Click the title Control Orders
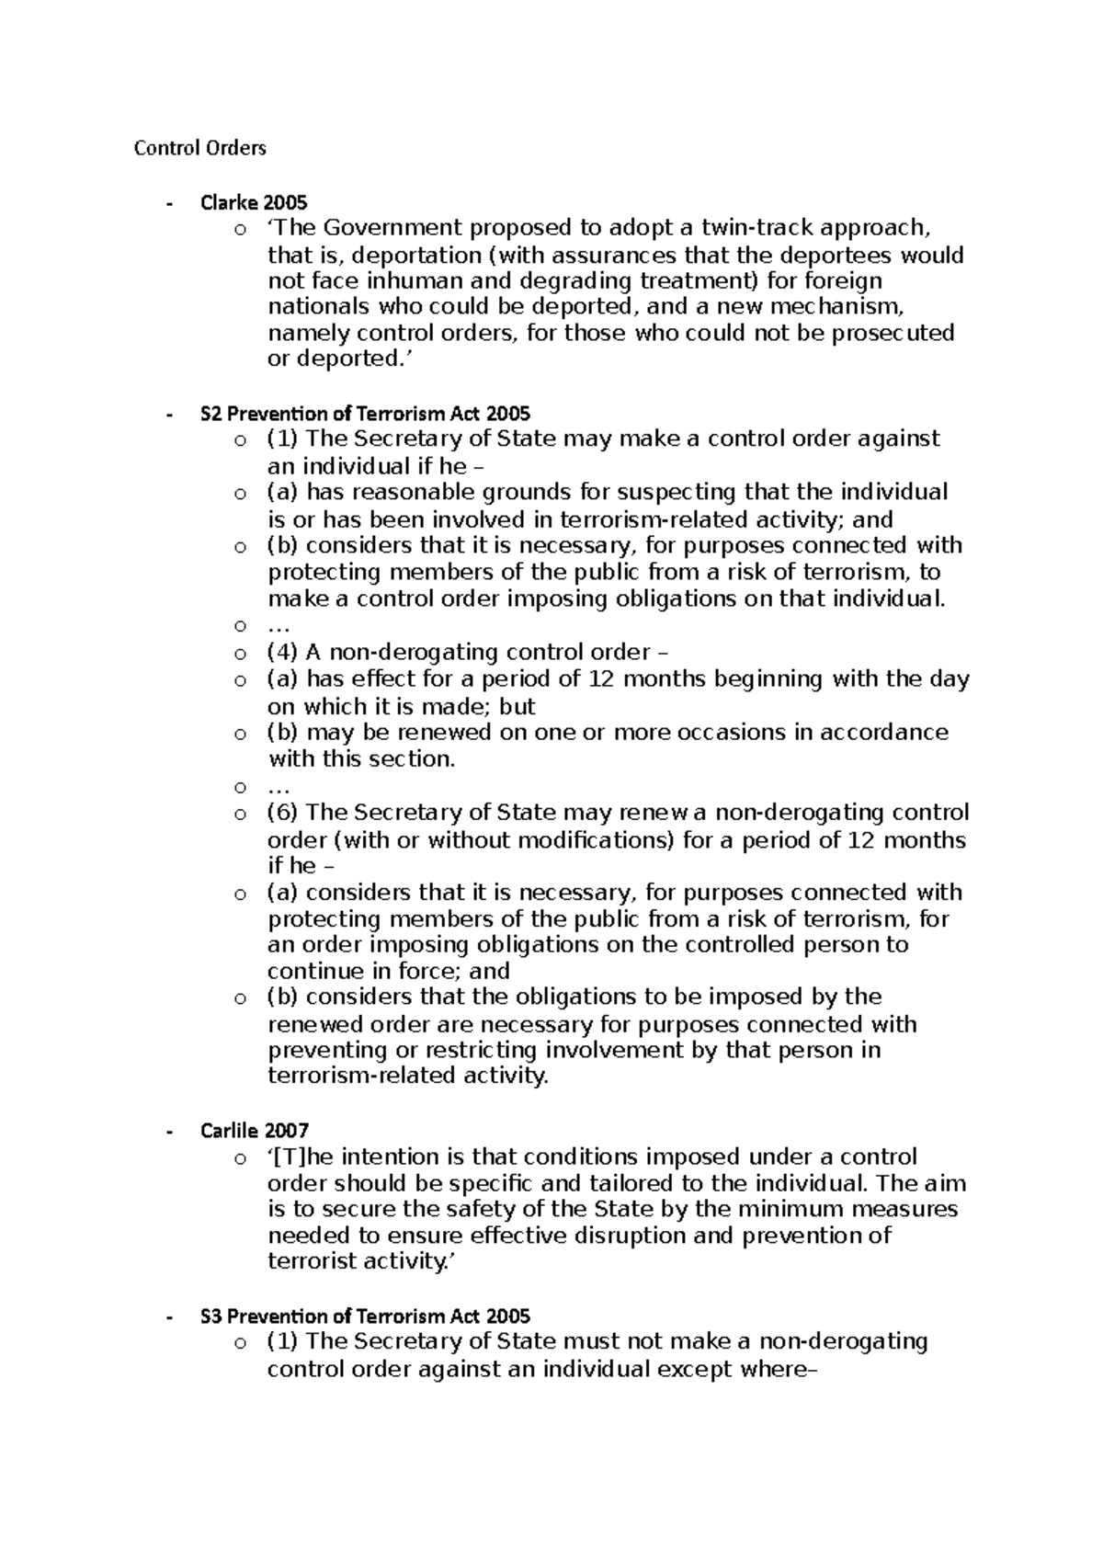pos(199,148)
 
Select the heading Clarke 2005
pos(254,202)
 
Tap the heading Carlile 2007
pos(255,1130)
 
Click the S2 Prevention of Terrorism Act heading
pos(365,414)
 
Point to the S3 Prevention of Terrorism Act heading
pos(365,1316)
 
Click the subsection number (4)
pos(282,653)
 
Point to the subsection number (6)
pos(282,813)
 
